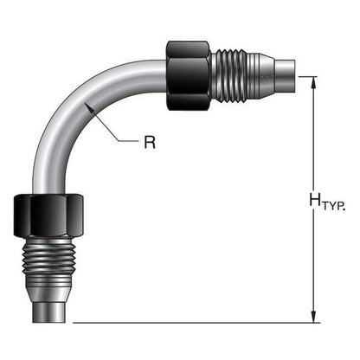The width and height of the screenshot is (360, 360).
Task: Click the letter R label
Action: click(149, 140)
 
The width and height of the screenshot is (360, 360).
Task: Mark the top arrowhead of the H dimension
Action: click(313, 82)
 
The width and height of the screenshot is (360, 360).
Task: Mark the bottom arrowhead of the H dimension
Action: click(313, 317)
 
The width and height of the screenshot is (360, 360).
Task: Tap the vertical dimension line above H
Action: click(313, 138)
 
